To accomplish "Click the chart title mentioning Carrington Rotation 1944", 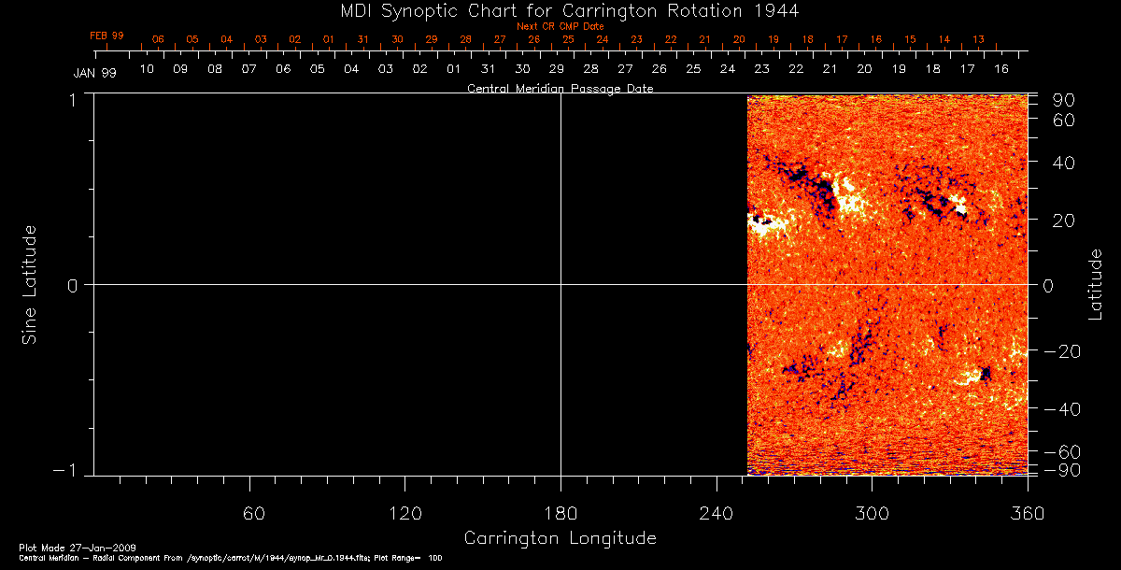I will click(560, 10).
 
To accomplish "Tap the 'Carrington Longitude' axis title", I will click(560, 538).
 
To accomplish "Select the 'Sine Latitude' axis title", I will click(30, 284).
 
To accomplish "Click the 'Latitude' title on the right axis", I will click(1096, 284).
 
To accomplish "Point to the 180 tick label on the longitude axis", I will click(560, 513).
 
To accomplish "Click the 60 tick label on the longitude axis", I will click(254, 513).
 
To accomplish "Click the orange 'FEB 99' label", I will click(106, 36).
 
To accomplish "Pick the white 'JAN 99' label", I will click(94, 73).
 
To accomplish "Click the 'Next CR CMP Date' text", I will click(560, 26).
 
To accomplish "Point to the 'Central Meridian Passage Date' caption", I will click(560, 89).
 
